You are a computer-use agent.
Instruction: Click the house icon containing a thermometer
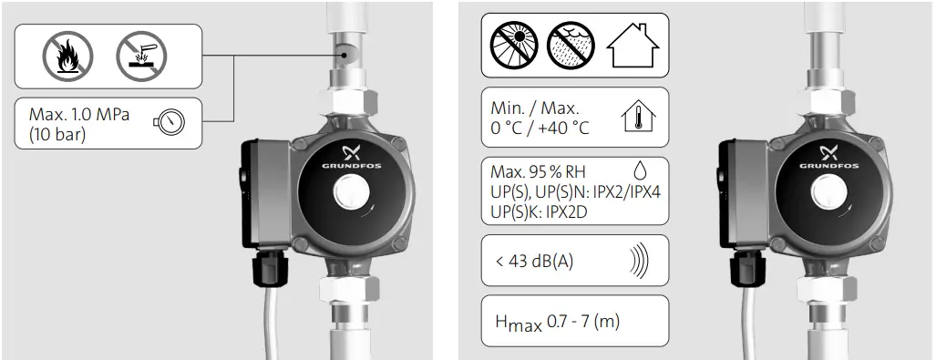tap(639, 117)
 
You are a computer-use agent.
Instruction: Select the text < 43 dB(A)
tap(535, 262)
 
